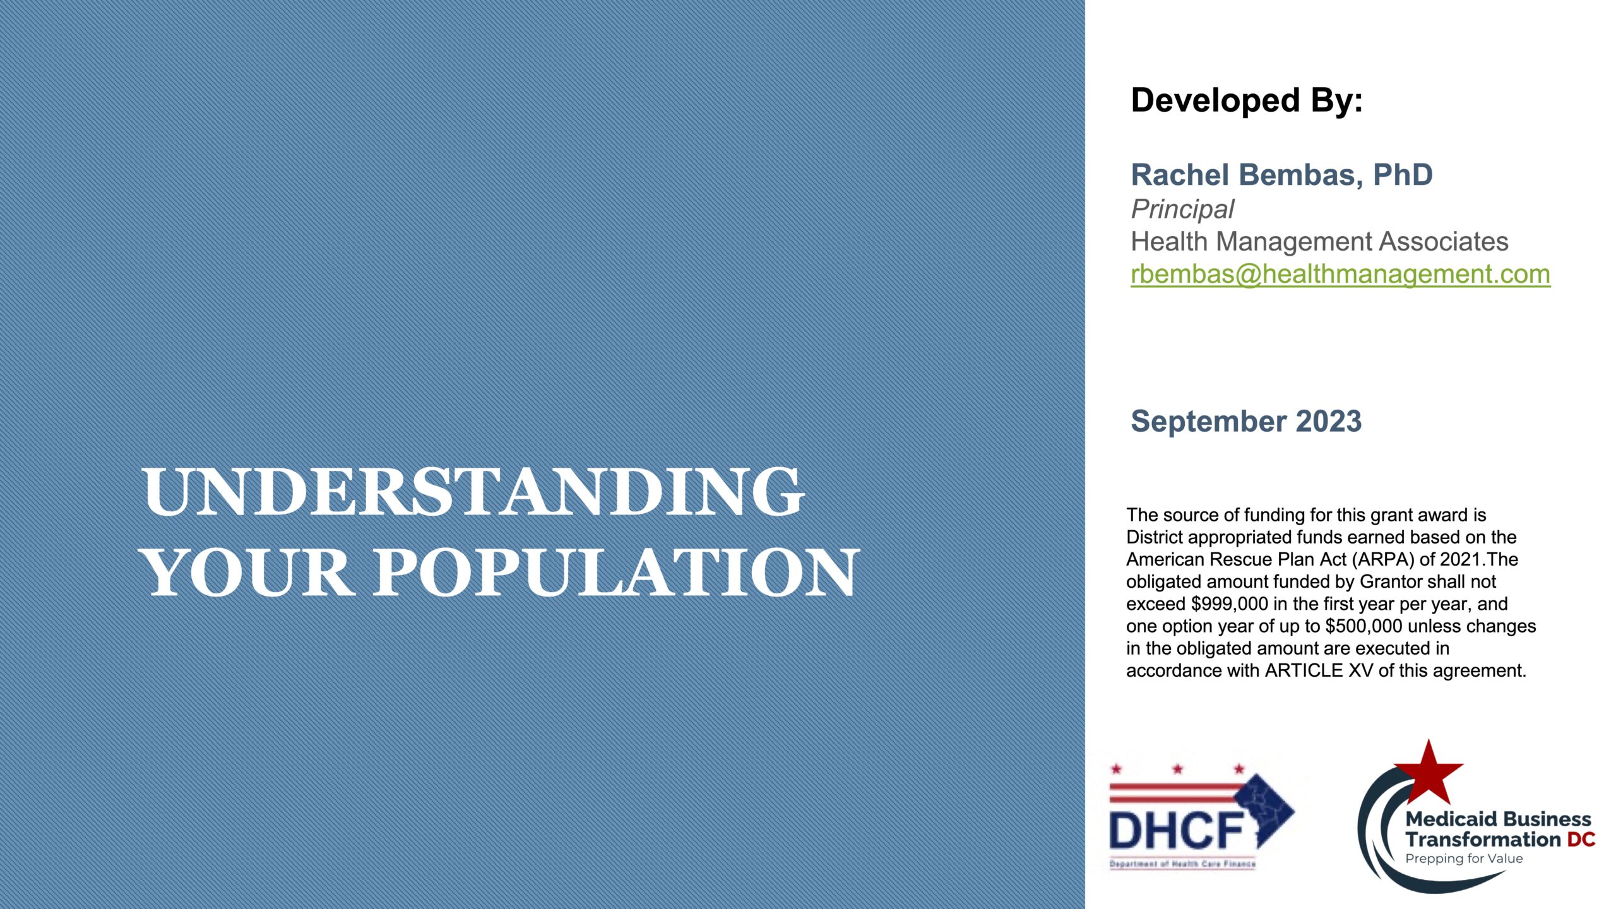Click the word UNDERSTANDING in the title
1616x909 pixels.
[x=473, y=492]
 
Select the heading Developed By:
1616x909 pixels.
[x=1247, y=100]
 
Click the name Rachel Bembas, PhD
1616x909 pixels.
[x=1281, y=175]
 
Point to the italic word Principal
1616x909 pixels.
[x=1182, y=209]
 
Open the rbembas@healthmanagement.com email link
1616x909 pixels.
[x=1340, y=274]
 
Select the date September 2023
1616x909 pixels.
[x=1246, y=421]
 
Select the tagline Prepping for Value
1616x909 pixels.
[x=1464, y=858]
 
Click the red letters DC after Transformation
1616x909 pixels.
[x=1581, y=840]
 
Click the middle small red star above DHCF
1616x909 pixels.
[x=1177, y=769]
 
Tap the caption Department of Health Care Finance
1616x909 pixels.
[x=1182, y=864]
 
